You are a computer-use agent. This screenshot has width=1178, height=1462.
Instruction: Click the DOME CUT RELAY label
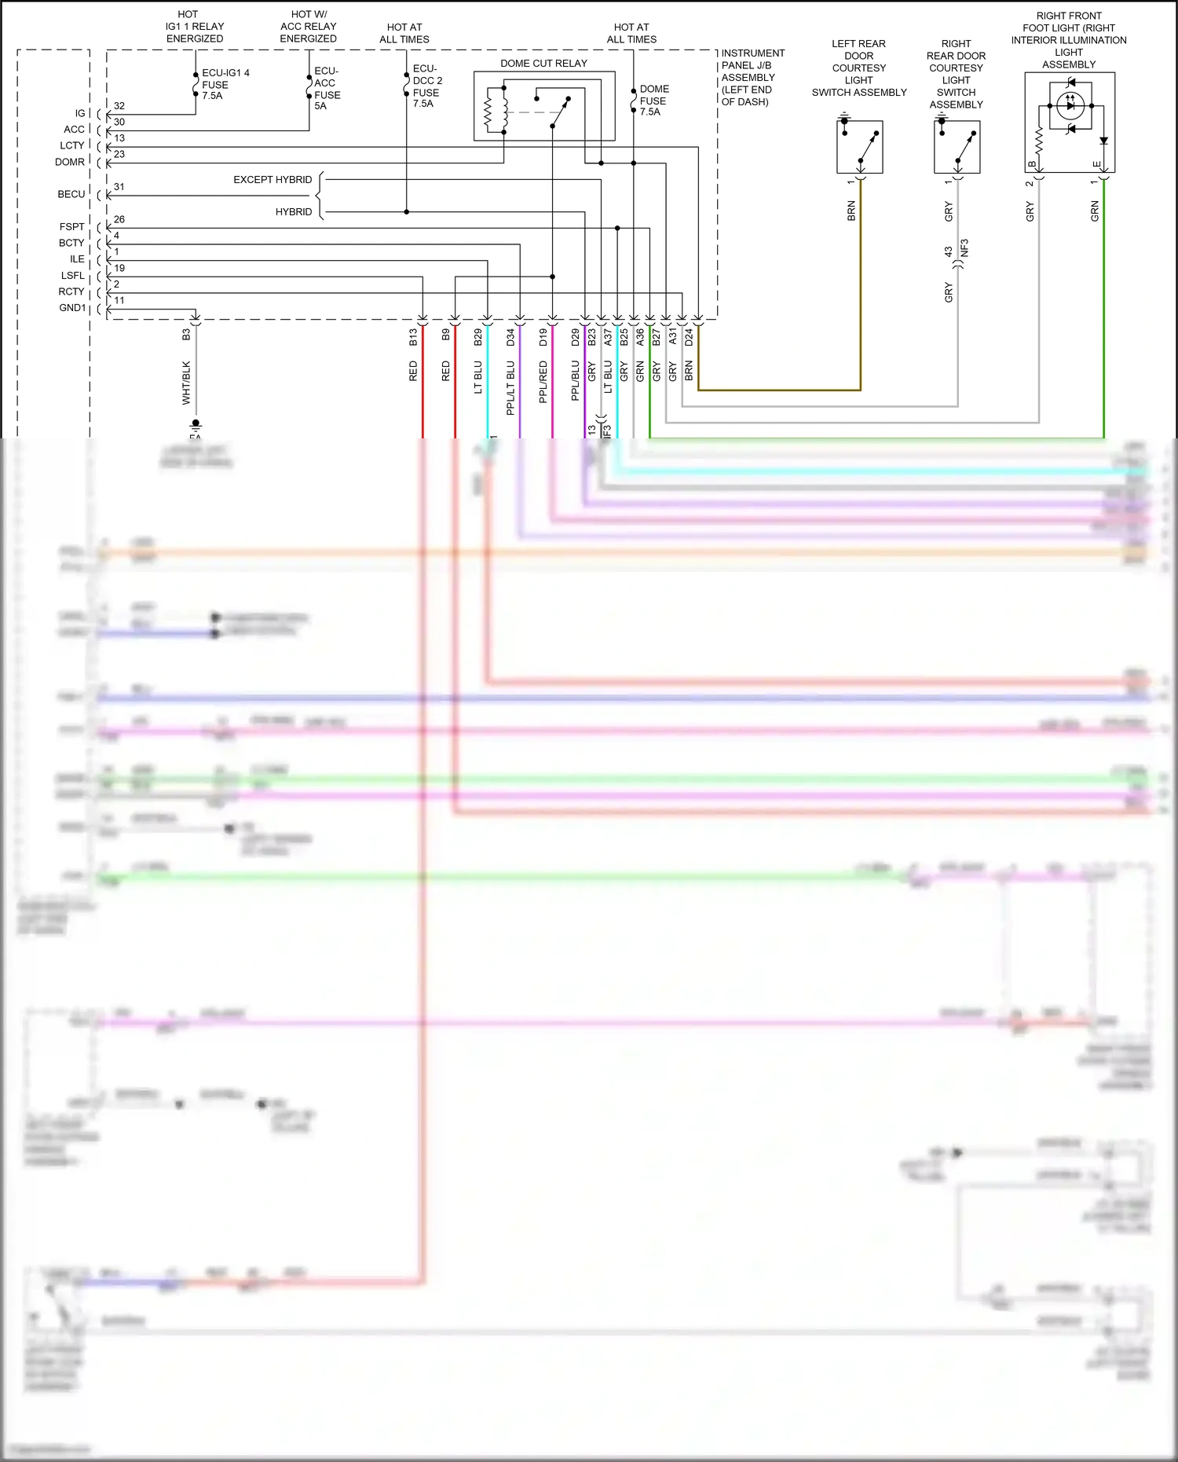tap(543, 64)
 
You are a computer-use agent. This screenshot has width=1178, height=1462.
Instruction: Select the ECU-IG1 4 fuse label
tap(225, 84)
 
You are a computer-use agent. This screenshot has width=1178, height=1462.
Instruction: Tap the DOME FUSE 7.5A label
tap(653, 101)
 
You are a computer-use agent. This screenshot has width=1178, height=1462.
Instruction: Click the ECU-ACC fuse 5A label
tap(327, 88)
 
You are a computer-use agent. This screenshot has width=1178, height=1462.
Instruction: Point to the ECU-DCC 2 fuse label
tap(427, 86)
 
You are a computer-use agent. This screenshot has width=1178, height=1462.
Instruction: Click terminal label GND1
tap(72, 308)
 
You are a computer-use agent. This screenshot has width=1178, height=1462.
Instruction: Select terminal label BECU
tap(71, 194)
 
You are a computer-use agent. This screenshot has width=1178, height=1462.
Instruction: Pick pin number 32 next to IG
tap(119, 106)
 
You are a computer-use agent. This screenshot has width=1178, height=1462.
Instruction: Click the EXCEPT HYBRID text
tap(273, 180)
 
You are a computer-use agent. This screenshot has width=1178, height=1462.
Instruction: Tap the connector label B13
tap(413, 338)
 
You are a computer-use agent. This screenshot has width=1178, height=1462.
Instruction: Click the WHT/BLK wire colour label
tap(186, 383)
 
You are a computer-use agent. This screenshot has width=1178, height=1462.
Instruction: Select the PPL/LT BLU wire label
tap(510, 387)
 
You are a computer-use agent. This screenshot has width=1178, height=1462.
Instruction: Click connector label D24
tap(689, 338)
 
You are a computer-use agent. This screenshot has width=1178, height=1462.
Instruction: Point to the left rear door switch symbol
tap(860, 147)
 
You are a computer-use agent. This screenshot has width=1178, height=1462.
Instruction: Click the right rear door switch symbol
tap(957, 147)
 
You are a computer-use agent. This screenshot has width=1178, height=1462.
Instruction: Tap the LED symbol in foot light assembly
tap(1070, 105)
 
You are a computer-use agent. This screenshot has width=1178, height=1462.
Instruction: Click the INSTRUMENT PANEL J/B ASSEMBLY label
tap(752, 77)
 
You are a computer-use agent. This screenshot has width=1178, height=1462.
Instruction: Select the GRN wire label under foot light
tap(1095, 211)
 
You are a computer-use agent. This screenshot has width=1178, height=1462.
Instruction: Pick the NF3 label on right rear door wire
tap(965, 247)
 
